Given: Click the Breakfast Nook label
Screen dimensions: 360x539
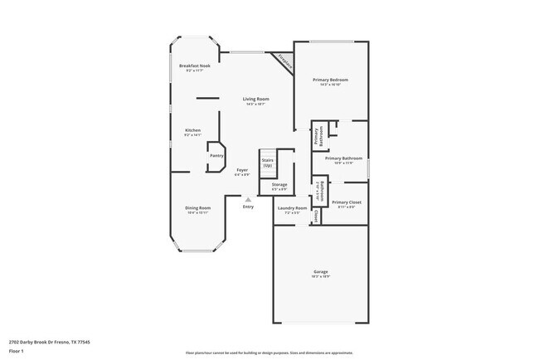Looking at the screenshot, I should click(195, 66).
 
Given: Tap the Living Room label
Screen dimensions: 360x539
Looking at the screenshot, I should click(255, 100).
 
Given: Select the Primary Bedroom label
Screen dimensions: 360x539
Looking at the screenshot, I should click(330, 80).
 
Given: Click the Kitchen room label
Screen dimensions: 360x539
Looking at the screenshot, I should click(192, 131).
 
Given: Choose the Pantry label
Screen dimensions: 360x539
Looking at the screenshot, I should click(216, 155).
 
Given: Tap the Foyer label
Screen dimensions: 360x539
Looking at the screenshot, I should click(242, 170).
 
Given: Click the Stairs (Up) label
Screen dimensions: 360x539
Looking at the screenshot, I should click(268, 162).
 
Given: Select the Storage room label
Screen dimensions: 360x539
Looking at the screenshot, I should click(279, 184).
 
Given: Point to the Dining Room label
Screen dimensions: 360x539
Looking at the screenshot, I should click(197, 208).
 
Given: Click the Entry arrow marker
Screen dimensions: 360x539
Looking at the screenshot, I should click(248, 199).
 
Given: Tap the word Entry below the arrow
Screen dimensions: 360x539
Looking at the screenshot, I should click(248, 207).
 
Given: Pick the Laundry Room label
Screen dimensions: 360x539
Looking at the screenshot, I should click(292, 208).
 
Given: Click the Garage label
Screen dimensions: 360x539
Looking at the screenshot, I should click(321, 272).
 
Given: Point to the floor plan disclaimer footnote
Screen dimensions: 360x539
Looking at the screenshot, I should click(269, 352).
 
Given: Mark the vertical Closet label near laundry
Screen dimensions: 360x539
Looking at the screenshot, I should click(316, 216).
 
